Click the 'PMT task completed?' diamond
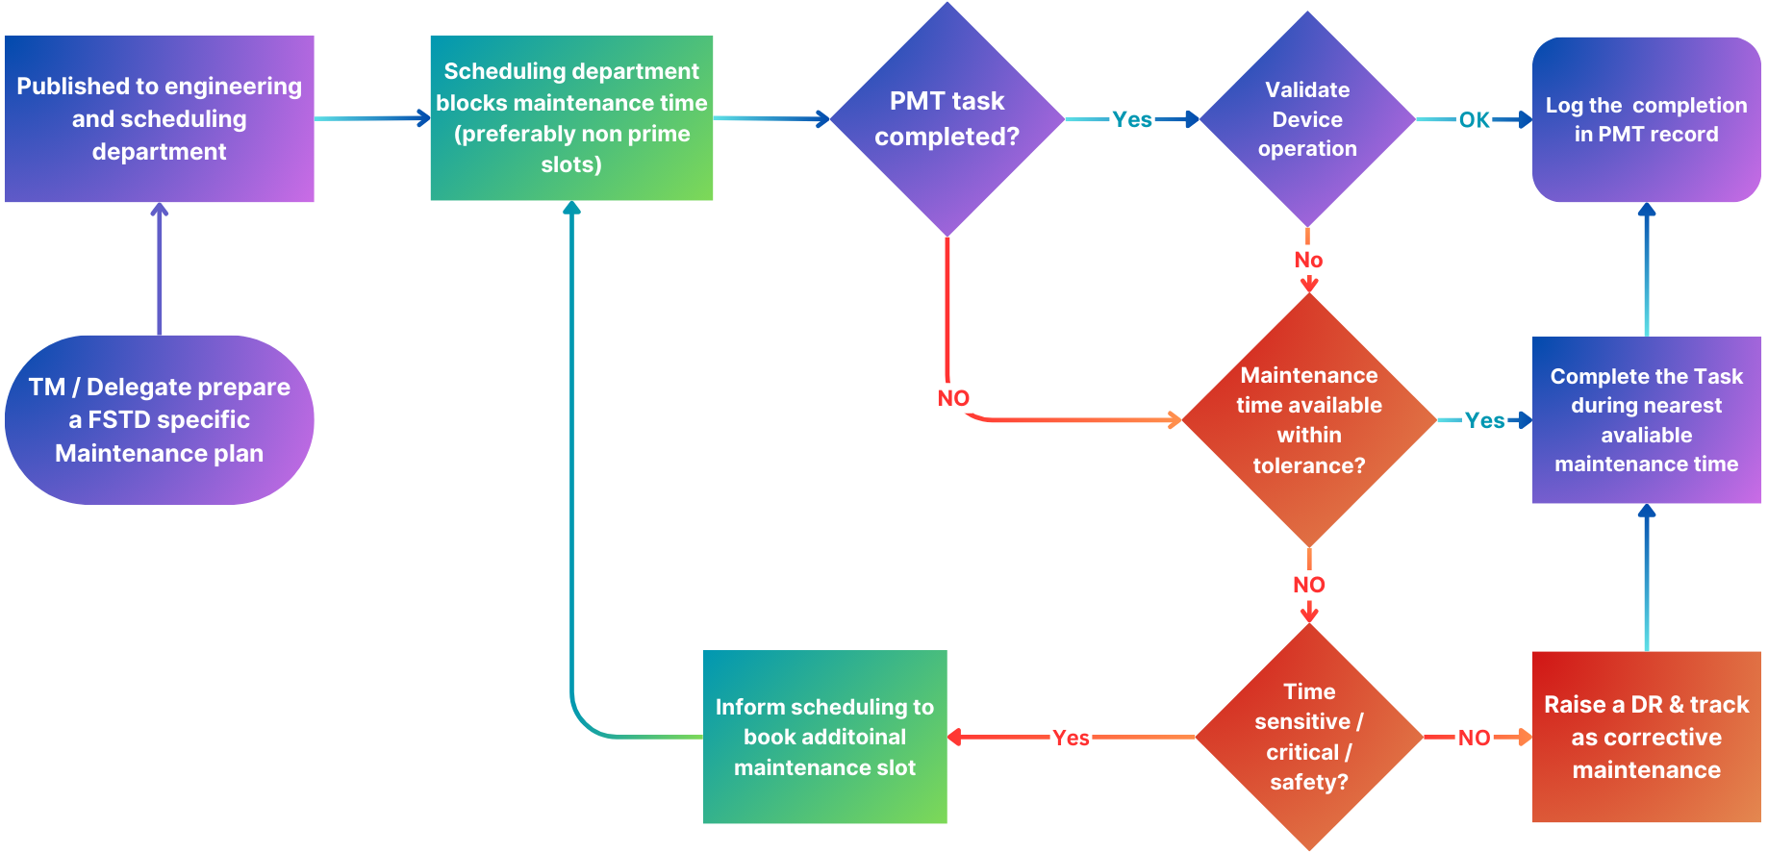[x=947, y=118]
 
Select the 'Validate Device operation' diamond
[x=1307, y=119]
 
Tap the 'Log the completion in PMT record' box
[x=1646, y=119]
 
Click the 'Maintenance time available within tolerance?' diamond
[x=1308, y=420]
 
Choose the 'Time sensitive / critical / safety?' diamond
[x=1308, y=737]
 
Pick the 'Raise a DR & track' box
[x=1646, y=737]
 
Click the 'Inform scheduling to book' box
[x=824, y=737]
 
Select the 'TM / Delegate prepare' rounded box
[x=159, y=420]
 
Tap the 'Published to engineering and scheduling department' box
[x=159, y=118]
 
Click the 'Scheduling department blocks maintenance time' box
[x=571, y=117]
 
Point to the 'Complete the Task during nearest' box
[x=1646, y=420]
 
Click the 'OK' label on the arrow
[x=1474, y=120]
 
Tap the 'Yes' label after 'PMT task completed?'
[x=1132, y=119]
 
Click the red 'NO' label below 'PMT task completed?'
[x=953, y=398]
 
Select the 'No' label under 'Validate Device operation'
[x=1308, y=260]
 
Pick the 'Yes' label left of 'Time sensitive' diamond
[x=1071, y=738]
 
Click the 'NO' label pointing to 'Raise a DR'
[x=1474, y=738]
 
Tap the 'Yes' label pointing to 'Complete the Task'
[x=1484, y=420]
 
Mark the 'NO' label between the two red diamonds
[x=1308, y=585]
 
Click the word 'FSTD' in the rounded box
[x=120, y=420]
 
